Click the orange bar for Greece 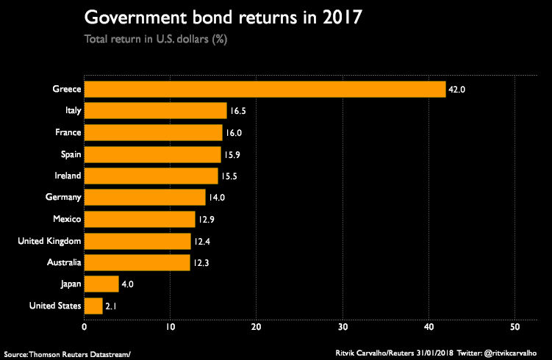[265, 90]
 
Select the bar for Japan [101, 284]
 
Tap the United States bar [93, 306]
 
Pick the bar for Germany [145, 197]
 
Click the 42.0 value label [456, 90]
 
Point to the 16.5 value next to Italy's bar [238, 111]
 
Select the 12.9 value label [207, 220]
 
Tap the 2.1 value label [111, 306]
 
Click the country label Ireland [68, 176]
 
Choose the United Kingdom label [49, 241]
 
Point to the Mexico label [67, 219]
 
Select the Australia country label [64, 262]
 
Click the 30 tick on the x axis [343, 327]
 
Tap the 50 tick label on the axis [515, 327]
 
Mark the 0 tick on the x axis [84, 327]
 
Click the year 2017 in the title [343, 17]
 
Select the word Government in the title [135, 17]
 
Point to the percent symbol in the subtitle [220, 39]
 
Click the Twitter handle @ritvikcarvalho [510, 353]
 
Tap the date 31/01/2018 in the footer [435, 353]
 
